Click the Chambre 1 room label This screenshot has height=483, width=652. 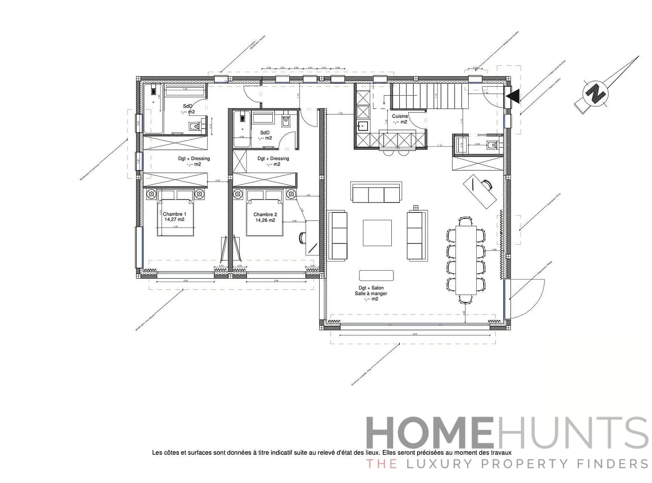point(174,214)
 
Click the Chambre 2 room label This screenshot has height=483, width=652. point(265,215)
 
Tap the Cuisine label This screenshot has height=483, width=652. point(400,116)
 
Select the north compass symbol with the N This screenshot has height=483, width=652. point(595,94)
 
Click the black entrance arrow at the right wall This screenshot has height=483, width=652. point(512,96)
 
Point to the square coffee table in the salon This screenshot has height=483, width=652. point(377,233)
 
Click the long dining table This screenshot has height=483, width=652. point(466,259)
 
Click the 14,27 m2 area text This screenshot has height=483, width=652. point(174,220)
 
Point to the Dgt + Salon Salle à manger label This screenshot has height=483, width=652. point(371,293)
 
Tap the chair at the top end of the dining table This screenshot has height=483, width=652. point(466,220)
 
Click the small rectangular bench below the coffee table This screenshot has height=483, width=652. point(376,275)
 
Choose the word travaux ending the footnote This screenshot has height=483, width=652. point(501,453)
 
